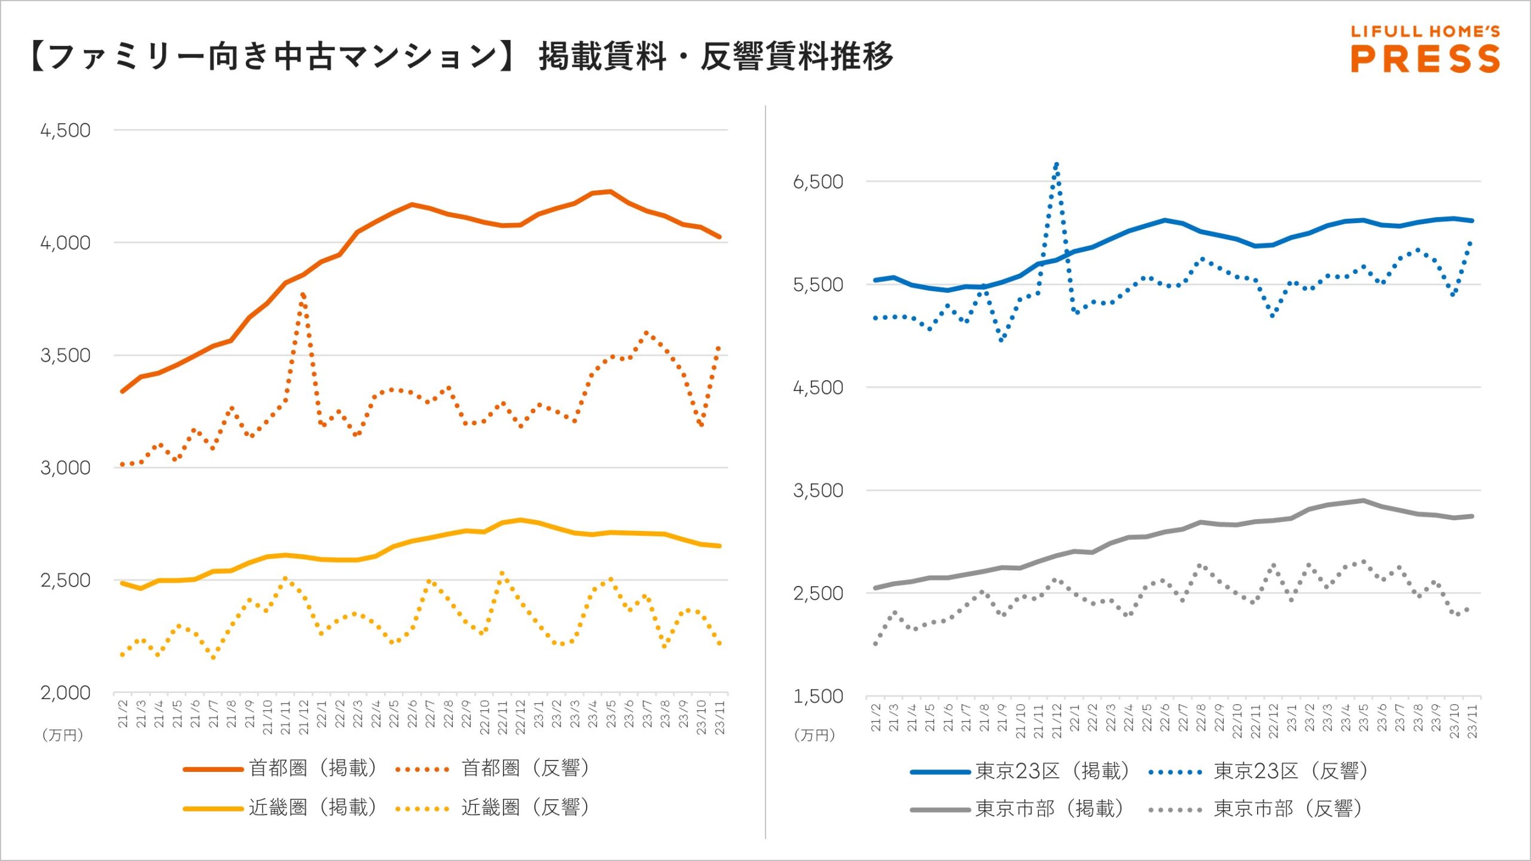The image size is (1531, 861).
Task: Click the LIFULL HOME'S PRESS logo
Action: pos(1425,49)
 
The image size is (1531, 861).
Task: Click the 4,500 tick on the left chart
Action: pos(65,130)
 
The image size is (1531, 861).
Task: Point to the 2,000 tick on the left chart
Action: pos(65,693)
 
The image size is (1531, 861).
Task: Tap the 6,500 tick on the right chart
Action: pos(818,182)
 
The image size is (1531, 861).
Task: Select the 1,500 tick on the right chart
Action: pos(818,697)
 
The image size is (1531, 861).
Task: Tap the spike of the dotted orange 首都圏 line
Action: pos(303,294)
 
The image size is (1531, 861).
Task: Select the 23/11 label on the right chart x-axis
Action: pos(1472,720)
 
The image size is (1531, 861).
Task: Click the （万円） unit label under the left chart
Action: pos(63,735)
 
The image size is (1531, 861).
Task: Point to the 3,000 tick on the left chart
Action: pos(65,468)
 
